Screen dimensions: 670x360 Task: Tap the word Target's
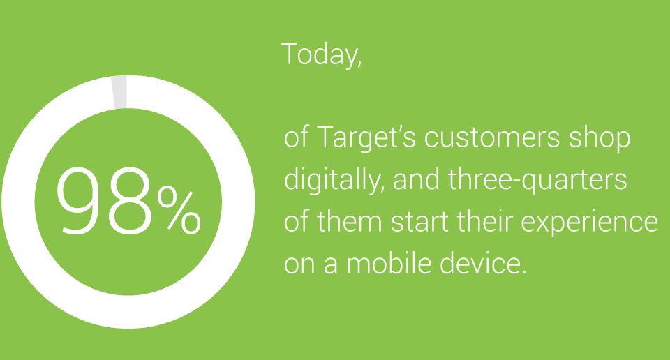[x=366, y=138]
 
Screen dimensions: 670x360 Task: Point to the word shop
[x=599, y=138]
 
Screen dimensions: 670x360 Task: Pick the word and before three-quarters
[x=416, y=179]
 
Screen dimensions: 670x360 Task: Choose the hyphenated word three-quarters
[x=537, y=180]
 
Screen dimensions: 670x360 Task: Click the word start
[x=419, y=223]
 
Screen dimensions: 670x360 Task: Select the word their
[x=484, y=222]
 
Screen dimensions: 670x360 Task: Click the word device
[x=482, y=264]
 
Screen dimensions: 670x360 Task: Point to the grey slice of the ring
[x=119, y=92]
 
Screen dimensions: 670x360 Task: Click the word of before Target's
[x=297, y=138]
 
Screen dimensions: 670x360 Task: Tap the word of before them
[x=297, y=222]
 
